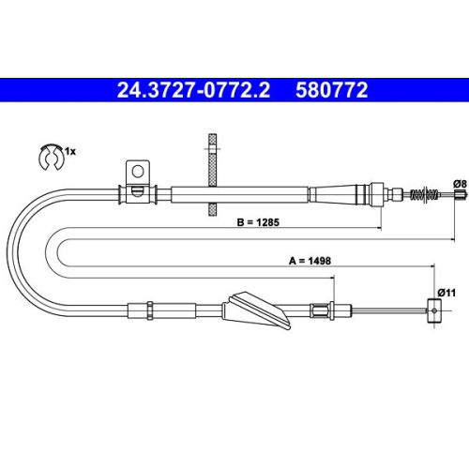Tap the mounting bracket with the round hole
coord(136,174)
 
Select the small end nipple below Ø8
coord(460,195)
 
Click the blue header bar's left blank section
coord(56,91)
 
